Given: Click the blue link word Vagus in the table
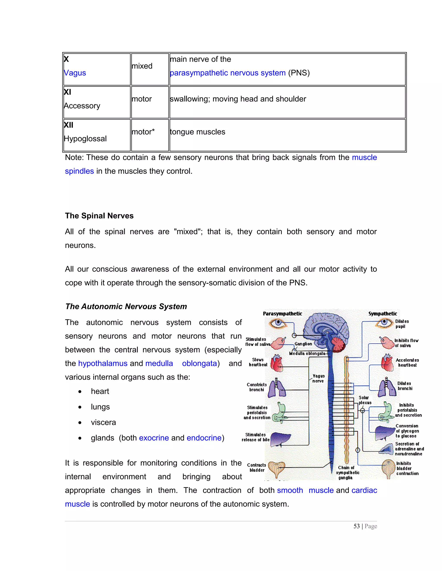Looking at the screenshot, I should pyautogui.click(x=75, y=73).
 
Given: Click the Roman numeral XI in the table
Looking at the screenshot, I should pyautogui.click(x=68, y=92).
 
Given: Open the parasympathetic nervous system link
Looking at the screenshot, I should pyautogui.click(x=227, y=73).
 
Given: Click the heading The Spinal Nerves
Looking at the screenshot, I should pyautogui.click(x=99, y=216).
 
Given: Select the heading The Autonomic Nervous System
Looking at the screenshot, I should pyautogui.click(x=126, y=306).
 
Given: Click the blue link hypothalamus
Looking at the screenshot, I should pyautogui.click(x=103, y=363).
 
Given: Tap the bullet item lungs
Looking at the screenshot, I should pyautogui.click(x=100, y=407).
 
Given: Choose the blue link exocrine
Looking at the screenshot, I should pyautogui.click(x=154, y=438).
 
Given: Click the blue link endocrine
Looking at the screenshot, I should pyautogui.click(x=204, y=438).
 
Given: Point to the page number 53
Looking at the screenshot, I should pyautogui.click(x=357, y=526).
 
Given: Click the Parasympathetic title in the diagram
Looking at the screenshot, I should pyautogui.click(x=283, y=313).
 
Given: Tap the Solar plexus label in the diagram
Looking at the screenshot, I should pyautogui.click(x=365, y=400).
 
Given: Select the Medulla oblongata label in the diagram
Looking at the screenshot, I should pyautogui.click(x=307, y=354).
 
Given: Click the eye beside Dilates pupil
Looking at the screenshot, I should pyautogui.click(x=384, y=323).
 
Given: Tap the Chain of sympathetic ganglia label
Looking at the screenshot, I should pyautogui.click(x=347, y=472).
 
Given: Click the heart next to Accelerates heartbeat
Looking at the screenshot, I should pyautogui.click(x=387, y=363).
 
